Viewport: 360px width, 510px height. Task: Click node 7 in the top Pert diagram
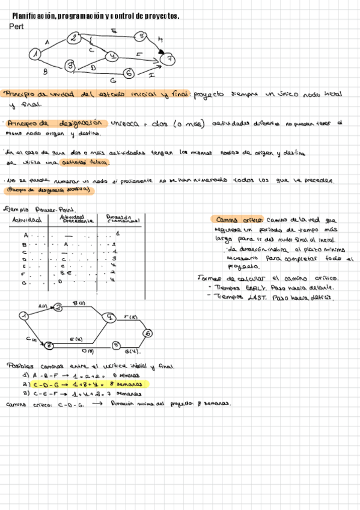[x=170, y=59]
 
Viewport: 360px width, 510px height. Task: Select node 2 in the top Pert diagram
[x=73, y=38]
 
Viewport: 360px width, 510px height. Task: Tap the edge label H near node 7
[x=160, y=41]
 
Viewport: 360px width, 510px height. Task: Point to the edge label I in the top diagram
[x=151, y=75]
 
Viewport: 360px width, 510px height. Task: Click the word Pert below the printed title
[x=16, y=26]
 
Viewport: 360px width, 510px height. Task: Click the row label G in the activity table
[x=25, y=281]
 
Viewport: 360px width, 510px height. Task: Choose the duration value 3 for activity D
[x=113, y=258]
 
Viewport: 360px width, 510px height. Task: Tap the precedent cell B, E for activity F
[x=67, y=273]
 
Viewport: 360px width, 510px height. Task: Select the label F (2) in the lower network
[x=130, y=316]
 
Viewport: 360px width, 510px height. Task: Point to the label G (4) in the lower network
[x=132, y=351]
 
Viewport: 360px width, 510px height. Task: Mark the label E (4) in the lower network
[x=76, y=339]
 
